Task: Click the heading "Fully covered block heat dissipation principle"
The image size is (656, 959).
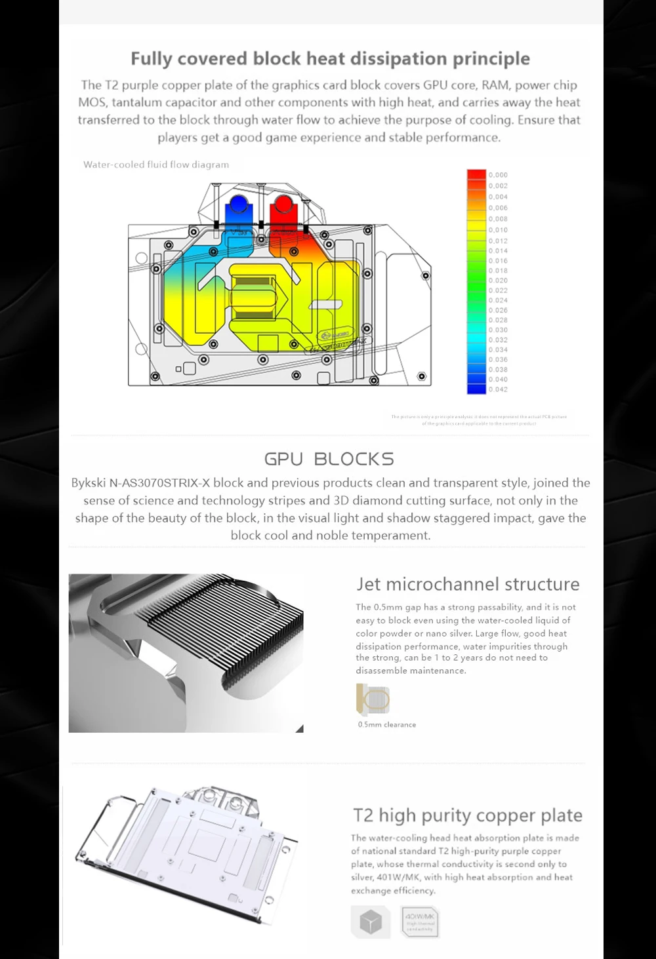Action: point(330,59)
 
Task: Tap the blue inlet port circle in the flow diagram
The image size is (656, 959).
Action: point(237,204)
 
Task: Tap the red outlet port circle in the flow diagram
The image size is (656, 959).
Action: point(283,204)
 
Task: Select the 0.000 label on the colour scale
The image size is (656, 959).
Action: point(498,175)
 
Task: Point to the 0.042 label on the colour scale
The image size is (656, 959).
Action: point(498,389)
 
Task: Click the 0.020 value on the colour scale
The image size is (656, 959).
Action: point(498,281)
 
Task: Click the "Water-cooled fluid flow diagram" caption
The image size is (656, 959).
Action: point(156,165)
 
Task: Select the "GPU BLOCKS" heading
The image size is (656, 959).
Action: point(329,459)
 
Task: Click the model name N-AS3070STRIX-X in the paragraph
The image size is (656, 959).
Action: point(159,483)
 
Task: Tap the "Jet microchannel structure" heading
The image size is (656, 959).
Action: point(468,584)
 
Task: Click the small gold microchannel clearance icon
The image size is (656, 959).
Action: point(373,699)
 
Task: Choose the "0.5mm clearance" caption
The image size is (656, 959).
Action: point(386,724)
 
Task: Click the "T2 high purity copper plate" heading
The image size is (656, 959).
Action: point(468,815)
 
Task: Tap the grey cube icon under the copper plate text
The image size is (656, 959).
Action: point(371,922)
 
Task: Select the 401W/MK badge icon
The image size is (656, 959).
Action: point(420,922)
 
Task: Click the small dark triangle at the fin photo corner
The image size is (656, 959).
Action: point(300,728)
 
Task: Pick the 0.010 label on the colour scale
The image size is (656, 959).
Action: point(498,230)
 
